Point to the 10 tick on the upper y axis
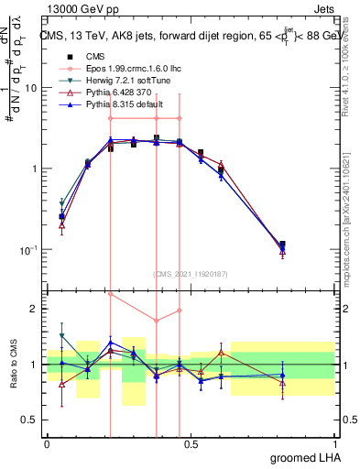point(31,88)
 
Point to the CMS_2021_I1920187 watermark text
point(191,273)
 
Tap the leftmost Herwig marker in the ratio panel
point(61,336)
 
